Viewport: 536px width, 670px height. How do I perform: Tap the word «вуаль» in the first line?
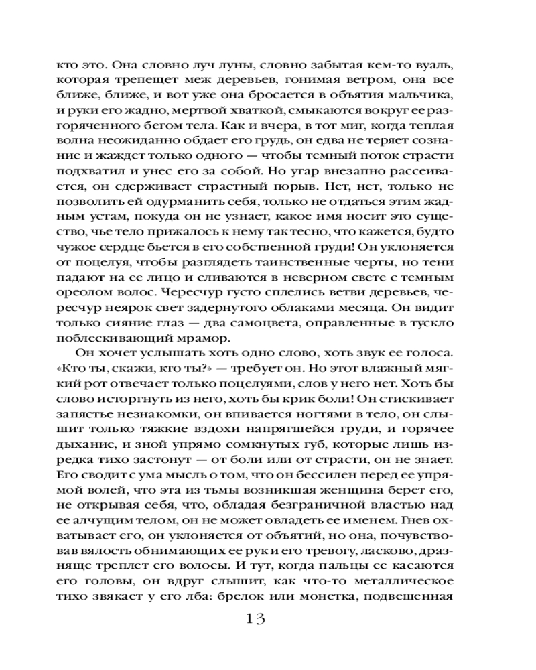click(436, 66)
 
